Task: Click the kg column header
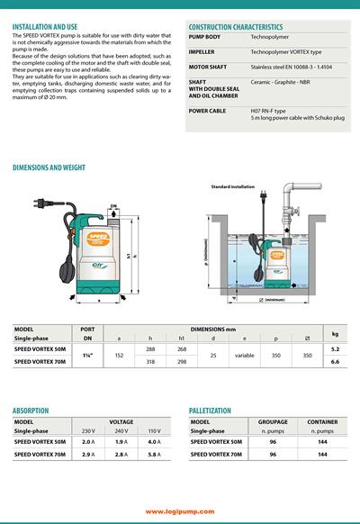335,333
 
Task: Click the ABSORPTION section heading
36,408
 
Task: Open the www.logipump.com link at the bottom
180,510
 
